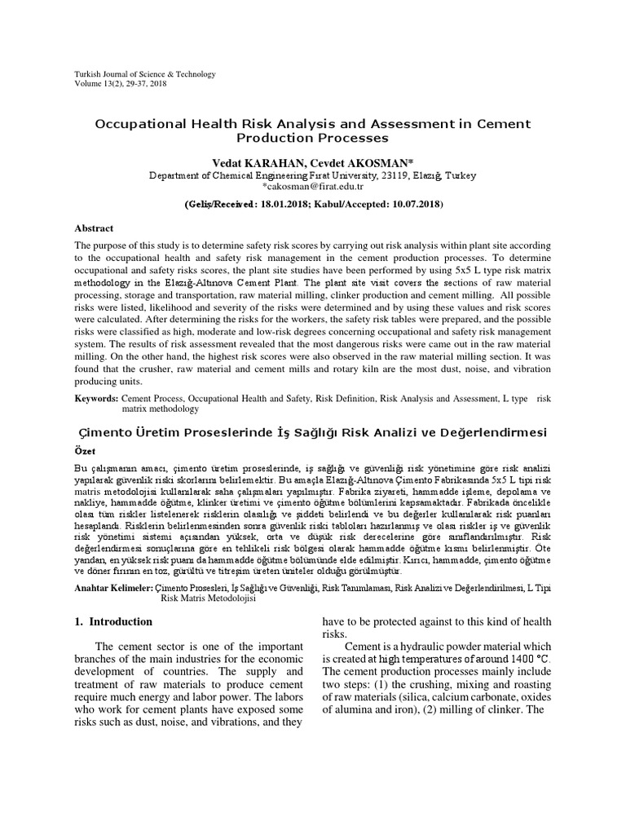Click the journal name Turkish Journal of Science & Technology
[x=145, y=74]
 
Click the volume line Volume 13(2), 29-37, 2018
[x=121, y=83]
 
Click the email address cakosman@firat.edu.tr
[x=315, y=186]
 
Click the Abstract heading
[x=95, y=229]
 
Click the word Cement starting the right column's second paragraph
[x=364, y=646]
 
